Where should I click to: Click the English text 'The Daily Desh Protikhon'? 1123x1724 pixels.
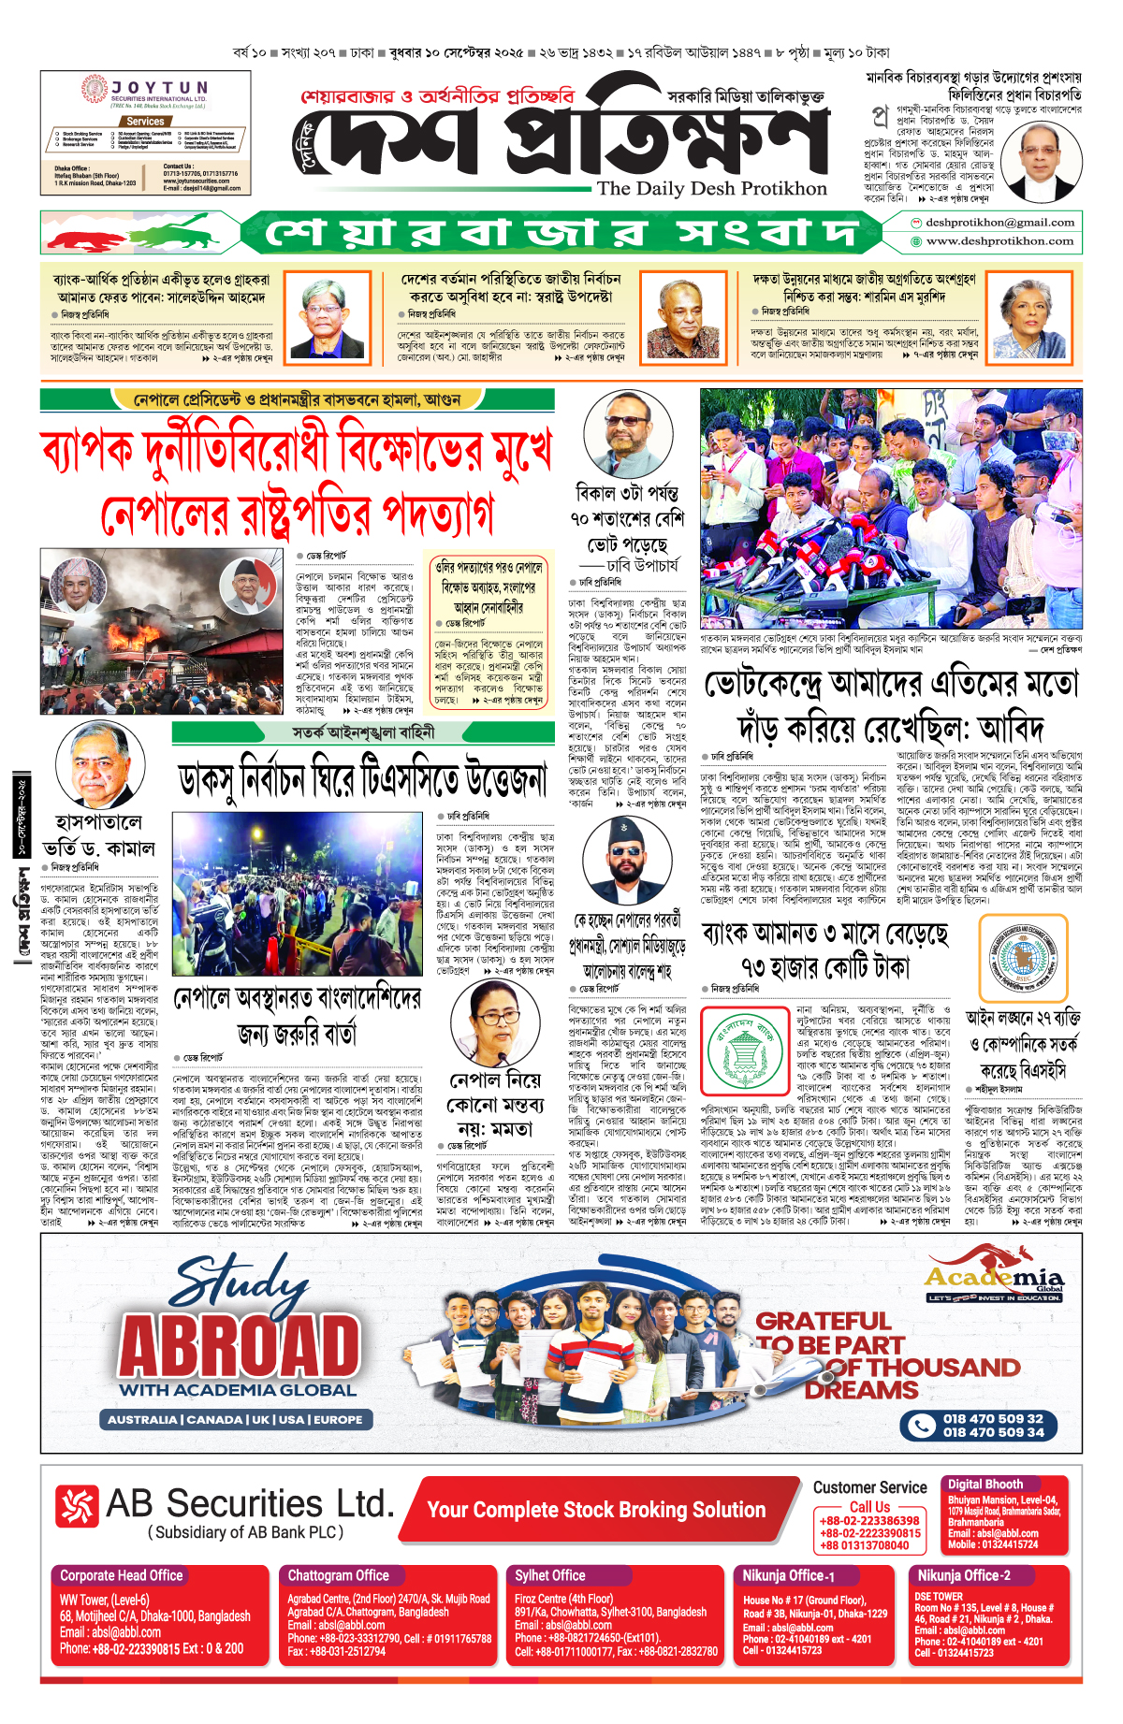click(x=712, y=189)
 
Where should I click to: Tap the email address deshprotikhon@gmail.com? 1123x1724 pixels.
click(x=999, y=223)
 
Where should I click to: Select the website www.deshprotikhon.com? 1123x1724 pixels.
click(x=999, y=241)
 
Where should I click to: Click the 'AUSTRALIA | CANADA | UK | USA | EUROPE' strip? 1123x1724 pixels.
click(x=235, y=1420)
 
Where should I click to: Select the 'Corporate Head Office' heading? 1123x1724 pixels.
click(x=122, y=1576)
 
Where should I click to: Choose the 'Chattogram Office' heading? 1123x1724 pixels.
click(x=338, y=1576)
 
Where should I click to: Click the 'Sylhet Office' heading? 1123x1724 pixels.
click(x=550, y=1576)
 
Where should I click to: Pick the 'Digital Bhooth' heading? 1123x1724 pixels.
click(x=985, y=1485)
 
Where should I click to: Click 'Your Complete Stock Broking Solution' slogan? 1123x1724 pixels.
click(x=596, y=1510)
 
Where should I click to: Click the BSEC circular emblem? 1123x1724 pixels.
click(x=1022, y=958)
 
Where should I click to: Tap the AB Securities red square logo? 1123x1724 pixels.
click(x=76, y=1506)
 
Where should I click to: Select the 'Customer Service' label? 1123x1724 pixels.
click(x=869, y=1487)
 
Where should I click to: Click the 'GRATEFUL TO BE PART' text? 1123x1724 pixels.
click(x=824, y=1333)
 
